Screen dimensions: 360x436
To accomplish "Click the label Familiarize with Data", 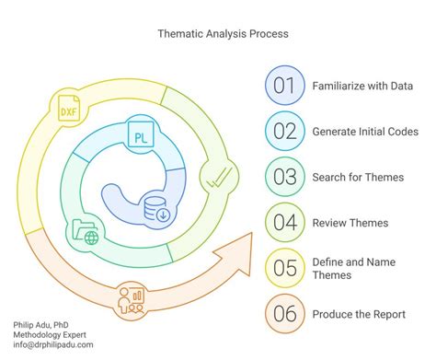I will [x=362, y=86].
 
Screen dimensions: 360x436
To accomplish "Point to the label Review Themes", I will [x=350, y=221].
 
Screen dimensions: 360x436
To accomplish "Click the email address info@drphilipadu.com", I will [x=53, y=345].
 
